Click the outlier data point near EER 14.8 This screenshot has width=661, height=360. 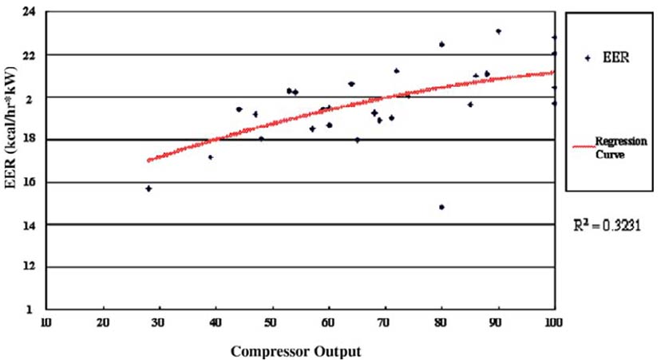[441, 207]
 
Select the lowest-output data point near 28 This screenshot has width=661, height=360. [148, 188]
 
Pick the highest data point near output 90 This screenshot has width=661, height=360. [498, 31]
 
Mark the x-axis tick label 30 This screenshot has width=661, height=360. [160, 321]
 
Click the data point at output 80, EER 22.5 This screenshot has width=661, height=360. [441, 44]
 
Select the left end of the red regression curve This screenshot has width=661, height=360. [148, 160]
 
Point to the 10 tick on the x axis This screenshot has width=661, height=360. [47, 321]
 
